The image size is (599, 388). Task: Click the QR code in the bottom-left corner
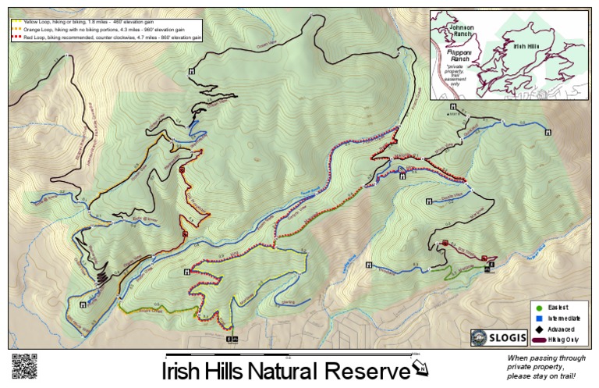tap(24, 366)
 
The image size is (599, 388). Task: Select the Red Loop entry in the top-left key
tap(109, 37)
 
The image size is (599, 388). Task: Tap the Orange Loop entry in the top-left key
tap(101, 30)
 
